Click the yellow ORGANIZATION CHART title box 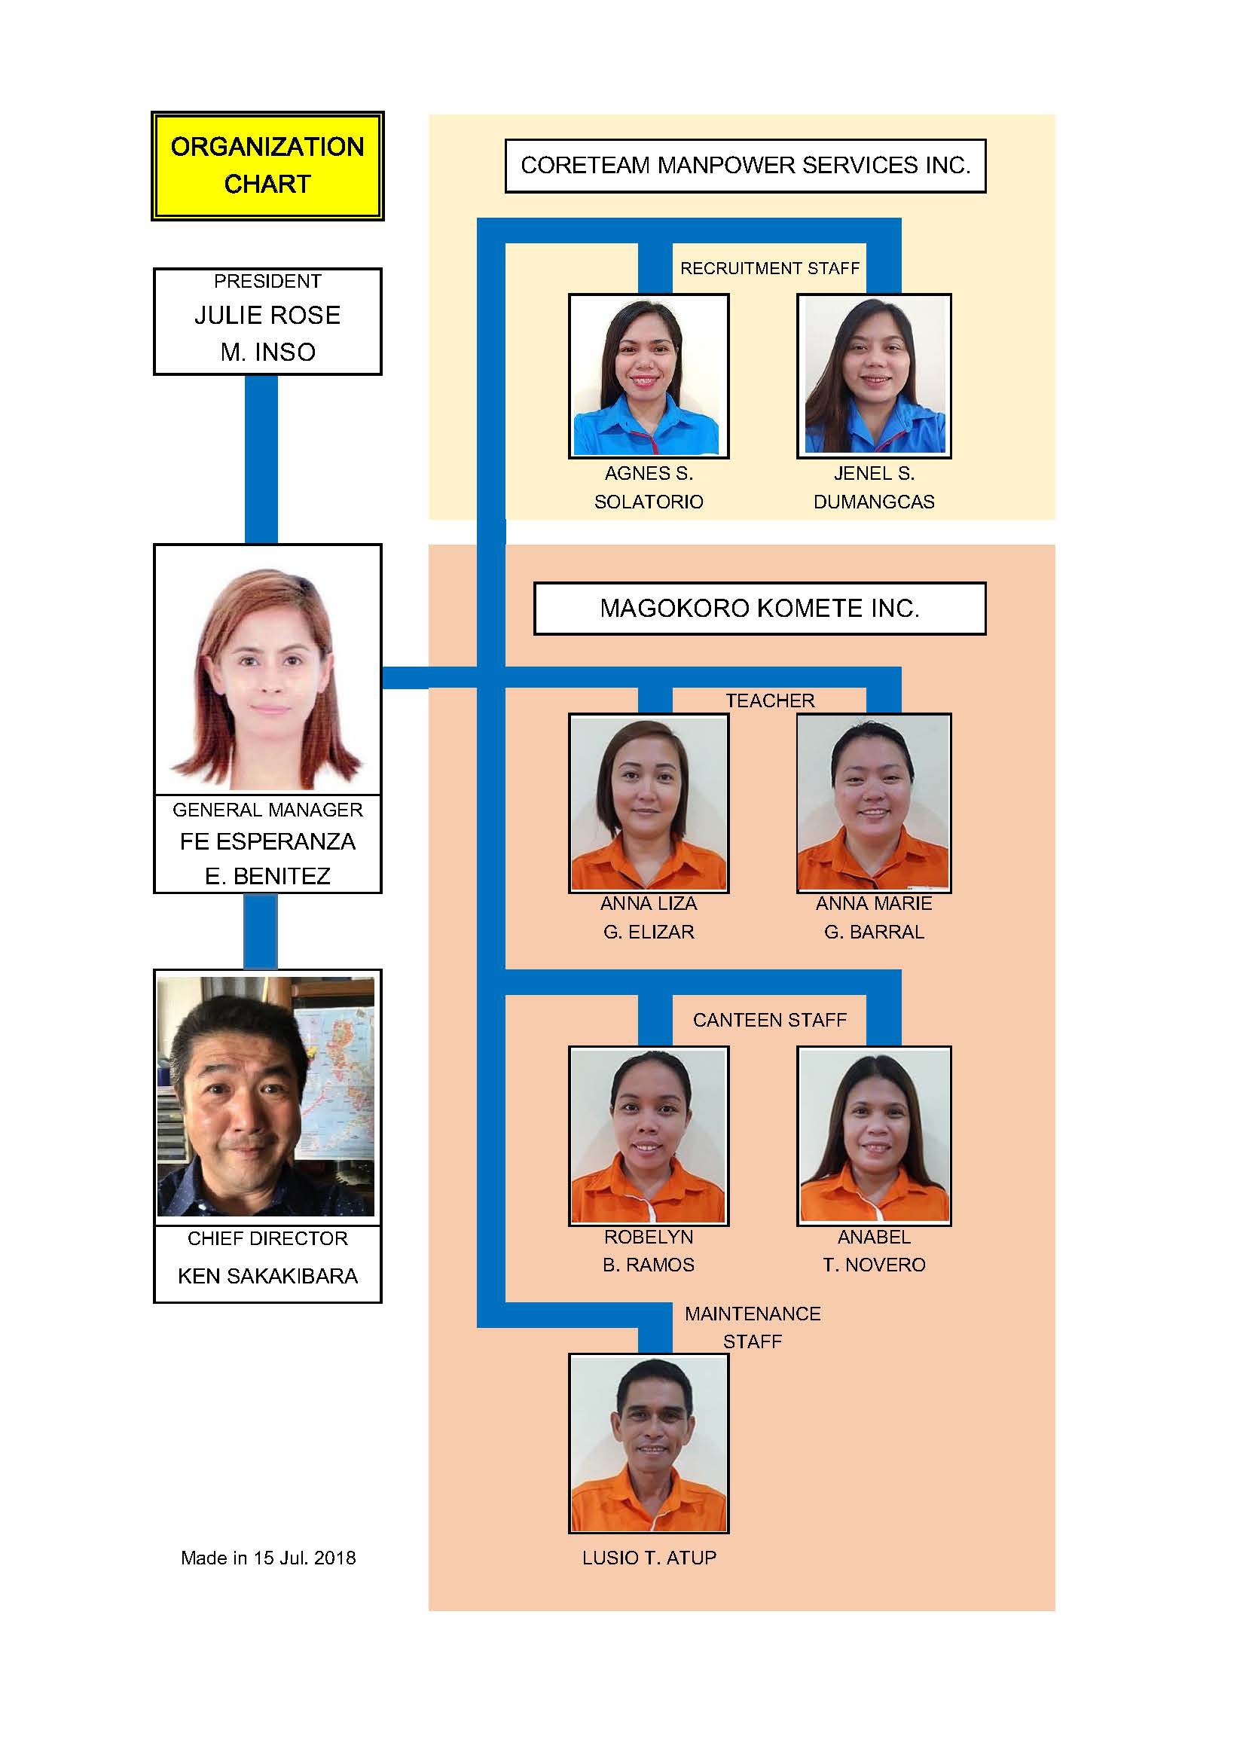267,166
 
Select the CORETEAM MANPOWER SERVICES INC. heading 745,166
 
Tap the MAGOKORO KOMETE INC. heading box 759,609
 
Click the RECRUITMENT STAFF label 770,268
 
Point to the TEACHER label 770,700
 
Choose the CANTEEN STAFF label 770,1020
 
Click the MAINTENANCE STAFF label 753,1329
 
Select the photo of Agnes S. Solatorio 649,376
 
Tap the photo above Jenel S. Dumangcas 874,376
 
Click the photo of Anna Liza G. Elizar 649,803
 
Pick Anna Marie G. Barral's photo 874,803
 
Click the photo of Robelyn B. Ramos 649,1136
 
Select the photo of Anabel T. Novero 874,1136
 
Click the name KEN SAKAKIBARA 267,1275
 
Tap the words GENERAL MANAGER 267,810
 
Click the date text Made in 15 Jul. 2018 267,1558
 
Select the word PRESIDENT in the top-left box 267,282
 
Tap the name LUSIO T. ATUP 649,1558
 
